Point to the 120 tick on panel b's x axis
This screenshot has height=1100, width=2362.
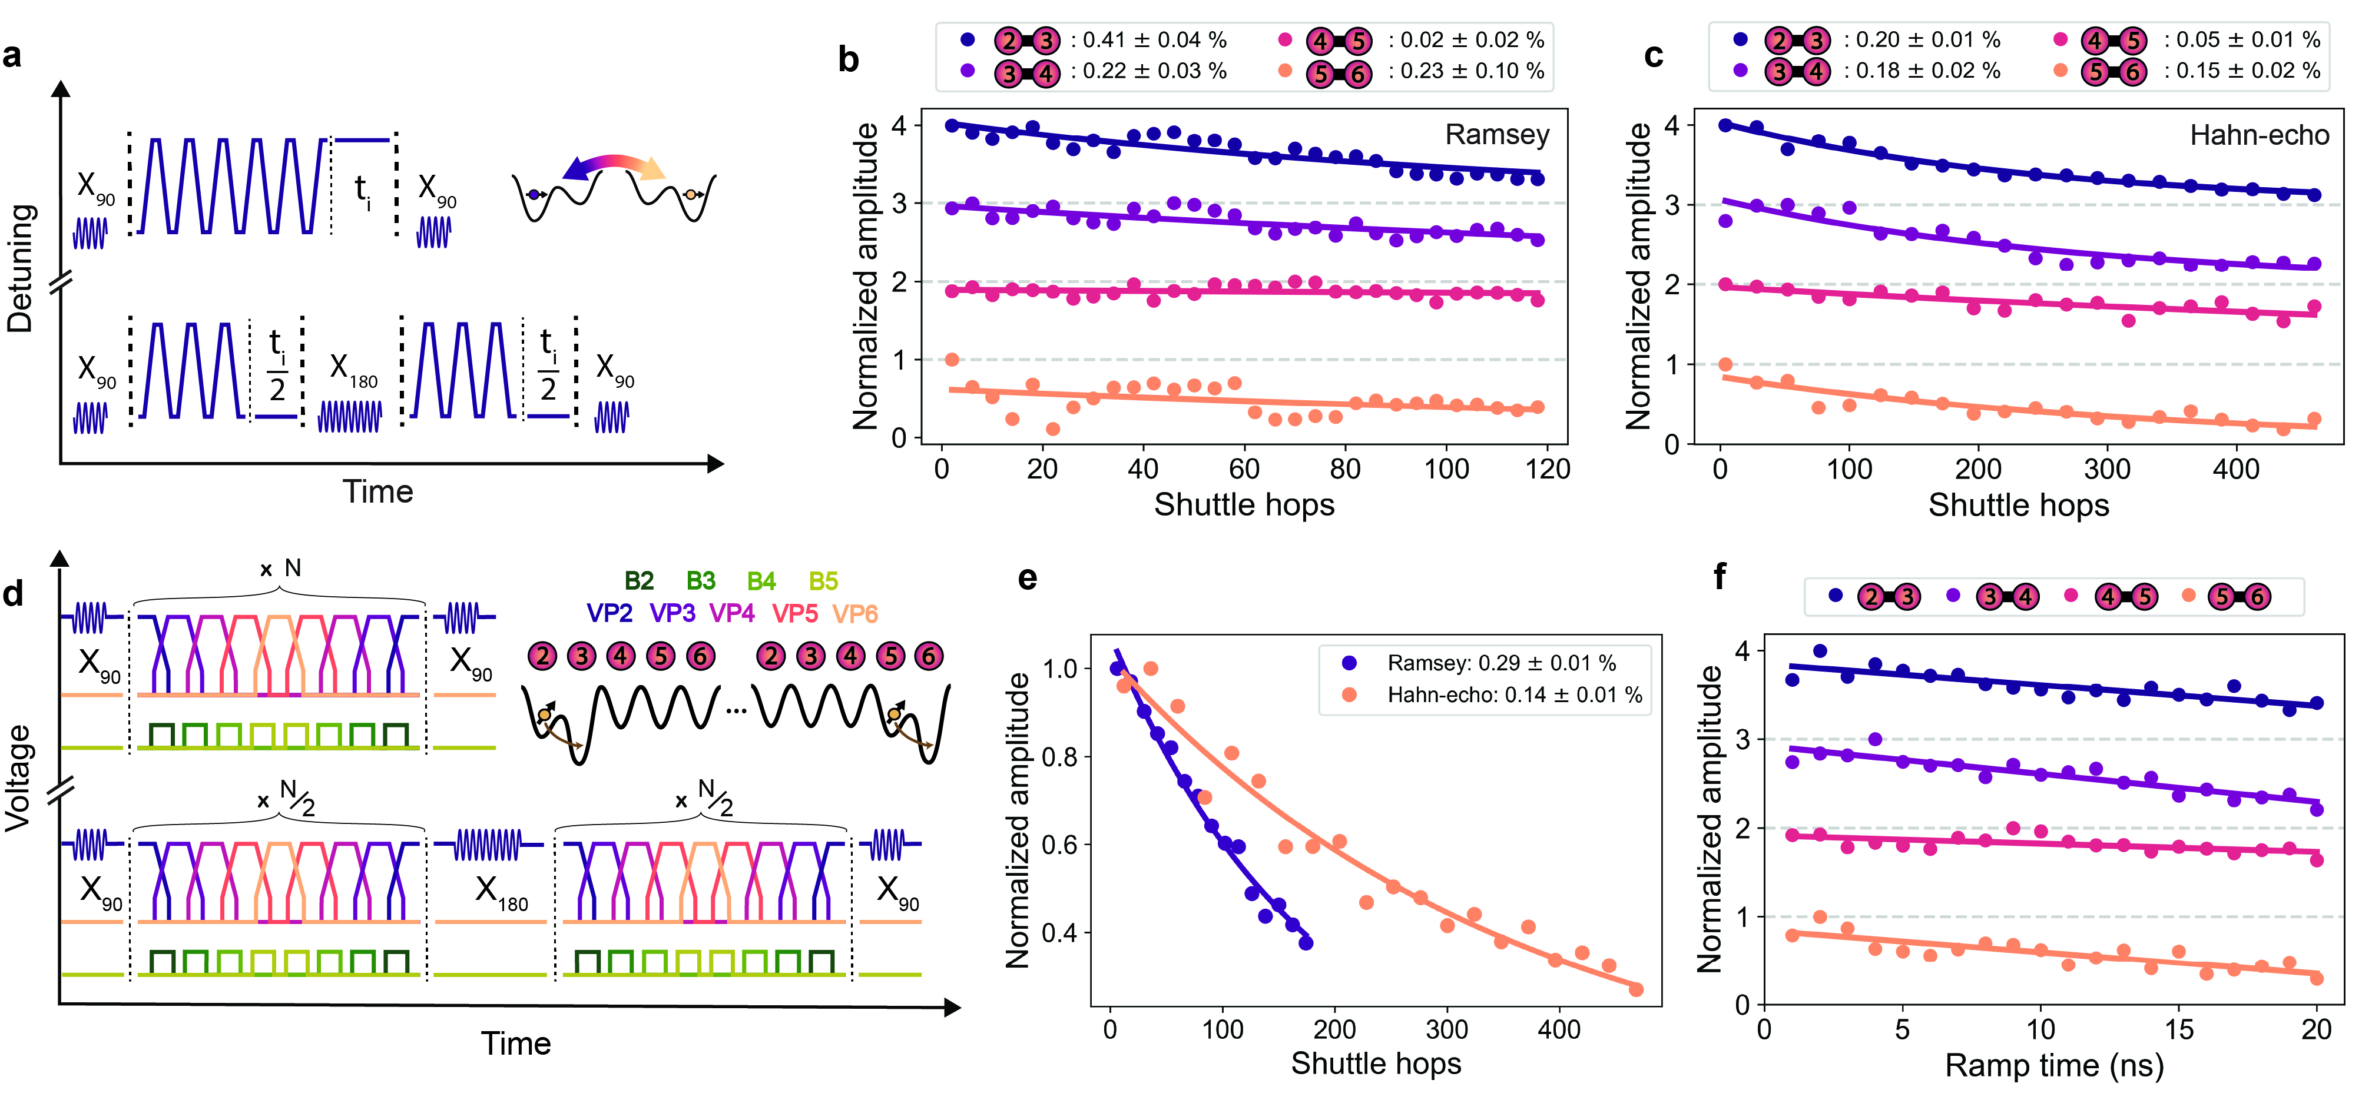(x=1547, y=469)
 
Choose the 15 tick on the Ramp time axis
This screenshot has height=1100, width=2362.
(x=2179, y=1029)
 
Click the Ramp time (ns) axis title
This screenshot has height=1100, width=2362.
(x=2054, y=1065)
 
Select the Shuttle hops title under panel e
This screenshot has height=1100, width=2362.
(x=1376, y=1064)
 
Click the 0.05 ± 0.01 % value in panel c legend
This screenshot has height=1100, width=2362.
(x=2242, y=41)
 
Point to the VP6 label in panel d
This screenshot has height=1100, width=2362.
(x=854, y=613)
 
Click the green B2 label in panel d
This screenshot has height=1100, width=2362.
(x=639, y=581)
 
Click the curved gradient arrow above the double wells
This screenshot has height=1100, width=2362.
(x=614, y=167)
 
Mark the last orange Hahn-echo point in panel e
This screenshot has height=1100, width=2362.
(x=1636, y=989)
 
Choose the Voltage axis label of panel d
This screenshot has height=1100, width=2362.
(x=18, y=777)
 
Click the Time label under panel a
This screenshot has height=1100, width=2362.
(x=378, y=492)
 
